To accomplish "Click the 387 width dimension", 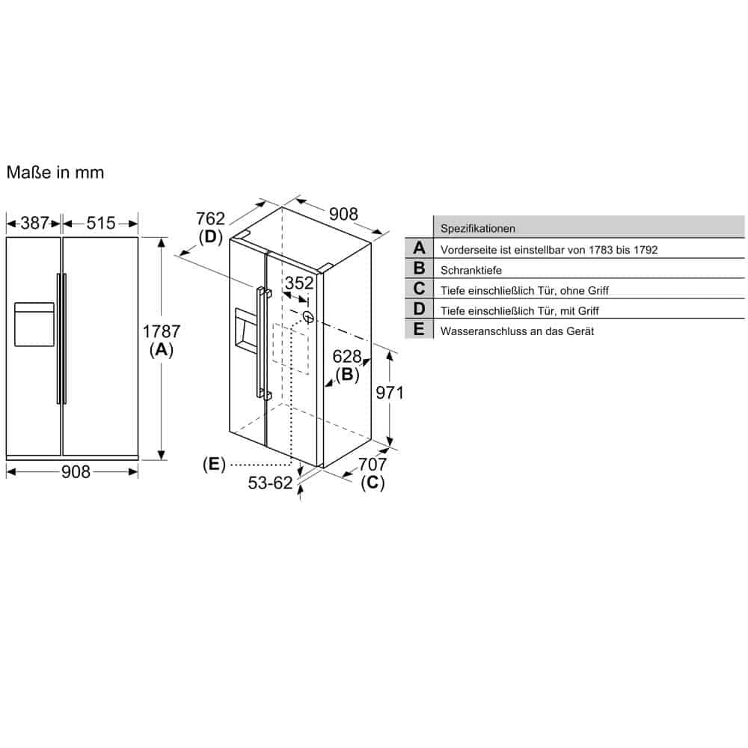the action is tap(34, 223).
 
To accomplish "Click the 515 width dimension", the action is tap(101, 223).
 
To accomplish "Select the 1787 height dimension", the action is tap(162, 331).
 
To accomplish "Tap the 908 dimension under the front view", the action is tap(76, 472).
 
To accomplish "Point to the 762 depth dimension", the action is tap(210, 218).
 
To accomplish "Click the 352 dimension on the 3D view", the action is tap(299, 283).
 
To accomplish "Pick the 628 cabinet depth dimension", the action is tap(347, 356).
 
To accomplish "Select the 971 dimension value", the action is tap(390, 392).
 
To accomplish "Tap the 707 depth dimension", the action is tap(372, 464).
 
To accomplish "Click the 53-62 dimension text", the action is tap(270, 482).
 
